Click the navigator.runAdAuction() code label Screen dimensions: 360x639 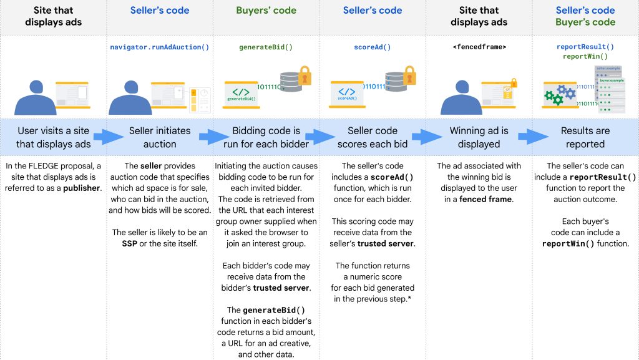(160, 47)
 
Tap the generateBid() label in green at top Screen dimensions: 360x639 (266, 47)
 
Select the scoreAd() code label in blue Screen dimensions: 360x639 (373, 47)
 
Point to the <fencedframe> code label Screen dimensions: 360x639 (479, 47)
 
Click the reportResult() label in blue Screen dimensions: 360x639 (585, 47)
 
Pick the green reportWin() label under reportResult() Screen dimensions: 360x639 (585, 56)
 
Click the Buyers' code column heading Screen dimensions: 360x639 (266, 11)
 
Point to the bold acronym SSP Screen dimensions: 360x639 (129, 243)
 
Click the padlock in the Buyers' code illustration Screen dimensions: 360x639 (305, 75)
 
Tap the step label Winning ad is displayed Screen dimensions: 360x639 (479, 137)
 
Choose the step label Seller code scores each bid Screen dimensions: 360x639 (373, 137)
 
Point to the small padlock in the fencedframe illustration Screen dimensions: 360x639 (514, 82)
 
